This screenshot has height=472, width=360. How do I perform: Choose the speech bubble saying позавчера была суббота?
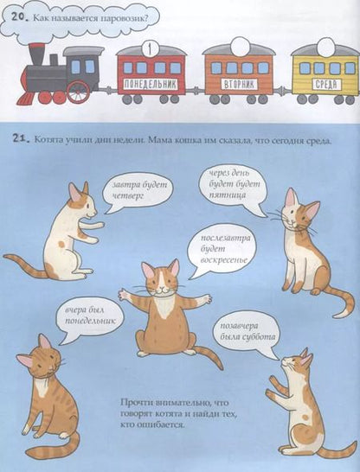[244, 338]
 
